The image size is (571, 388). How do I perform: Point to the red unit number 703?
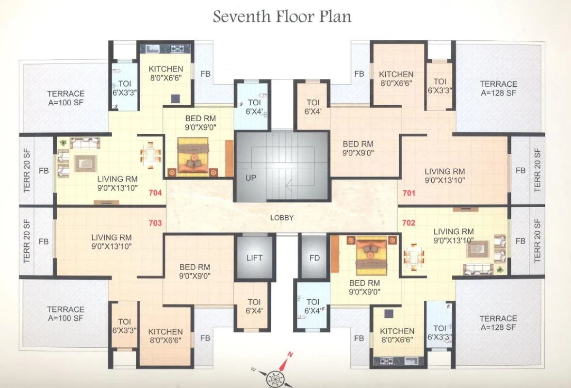[155, 223]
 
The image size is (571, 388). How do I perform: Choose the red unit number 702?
[409, 223]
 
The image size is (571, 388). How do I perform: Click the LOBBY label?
[282, 218]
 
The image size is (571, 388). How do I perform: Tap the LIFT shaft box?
[254, 258]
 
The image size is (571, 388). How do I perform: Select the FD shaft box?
[314, 258]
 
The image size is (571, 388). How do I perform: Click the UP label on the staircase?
[250, 178]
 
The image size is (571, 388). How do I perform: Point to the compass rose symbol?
[276, 377]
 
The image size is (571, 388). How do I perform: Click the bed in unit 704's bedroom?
[193, 156]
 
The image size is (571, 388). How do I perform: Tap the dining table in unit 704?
[151, 155]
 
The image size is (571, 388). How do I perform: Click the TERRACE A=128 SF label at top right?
[498, 88]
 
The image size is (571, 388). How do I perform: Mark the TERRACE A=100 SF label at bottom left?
[65, 314]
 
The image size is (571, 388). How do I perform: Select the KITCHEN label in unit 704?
[166, 73]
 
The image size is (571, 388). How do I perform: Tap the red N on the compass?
[290, 355]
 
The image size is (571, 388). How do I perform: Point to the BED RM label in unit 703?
[195, 272]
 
